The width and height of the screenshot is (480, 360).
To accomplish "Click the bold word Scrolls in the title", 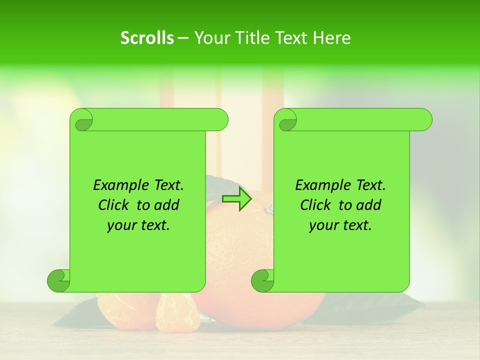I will [x=147, y=38].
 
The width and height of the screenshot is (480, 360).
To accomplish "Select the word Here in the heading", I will [x=331, y=38].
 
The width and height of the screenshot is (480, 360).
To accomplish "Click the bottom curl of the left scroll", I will [x=58, y=280].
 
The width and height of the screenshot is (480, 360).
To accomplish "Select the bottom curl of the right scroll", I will [x=262, y=280].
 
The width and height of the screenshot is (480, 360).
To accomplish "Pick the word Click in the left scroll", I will [x=114, y=205].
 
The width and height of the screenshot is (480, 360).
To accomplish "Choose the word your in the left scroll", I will [x=122, y=225].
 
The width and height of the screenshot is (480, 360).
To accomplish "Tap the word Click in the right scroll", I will [x=316, y=205].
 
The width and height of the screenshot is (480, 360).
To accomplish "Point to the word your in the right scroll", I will [x=324, y=225].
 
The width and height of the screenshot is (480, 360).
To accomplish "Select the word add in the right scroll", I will [x=369, y=205].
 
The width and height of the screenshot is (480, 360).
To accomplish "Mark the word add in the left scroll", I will [x=167, y=205].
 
